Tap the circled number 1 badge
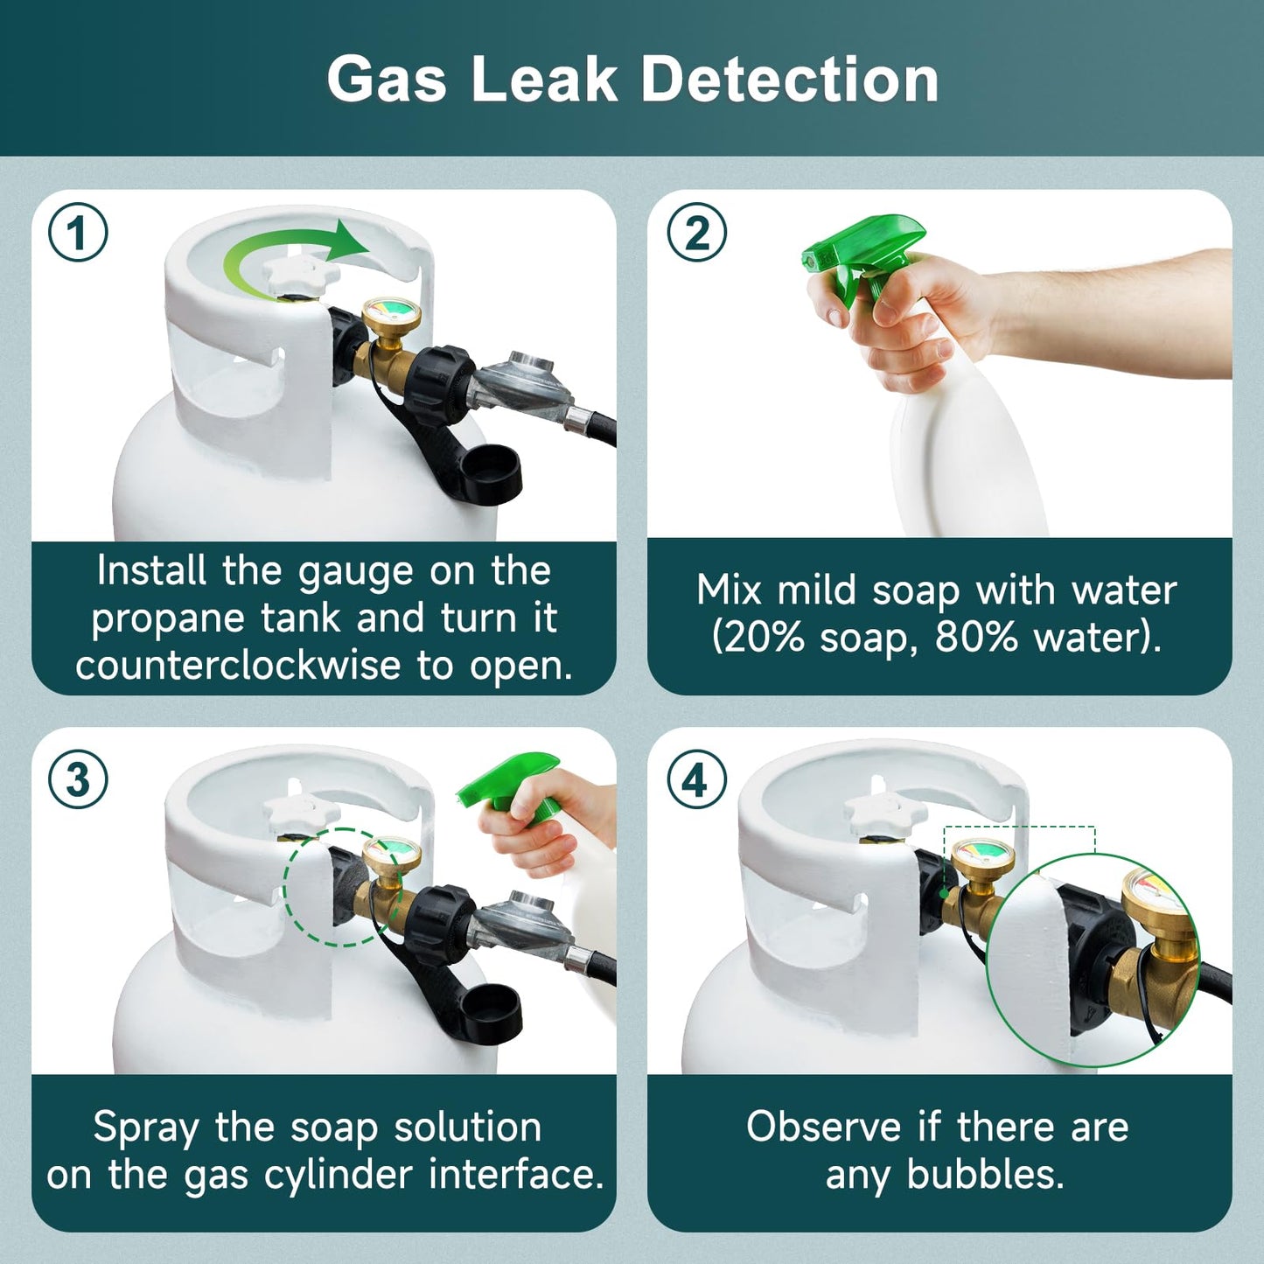(x=78, y=234)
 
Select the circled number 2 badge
(x=696, y=234)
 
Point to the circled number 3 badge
(x=78, y=779)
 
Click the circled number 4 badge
(x=696, y=779)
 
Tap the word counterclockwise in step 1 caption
(x=238, y=666)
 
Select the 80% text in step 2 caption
(x=976, y=637)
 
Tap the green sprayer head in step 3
(x=507, y=783)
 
